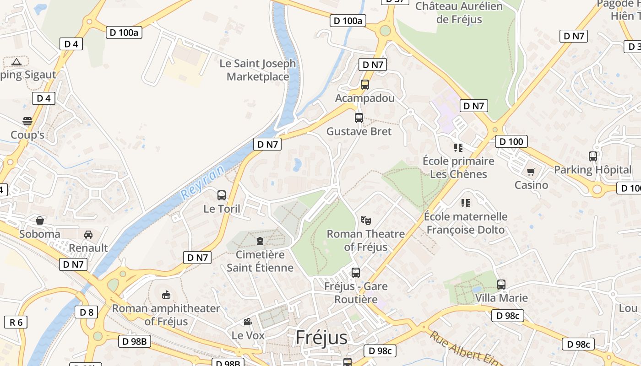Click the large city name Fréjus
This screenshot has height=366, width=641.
tap(321, 337)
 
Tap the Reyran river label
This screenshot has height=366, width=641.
tap(203, 183)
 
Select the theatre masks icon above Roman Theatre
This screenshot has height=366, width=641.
tap(365, 221)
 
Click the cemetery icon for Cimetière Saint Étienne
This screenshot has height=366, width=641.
tap(260, 241)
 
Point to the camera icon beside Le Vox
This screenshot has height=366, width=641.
tap(248, 322)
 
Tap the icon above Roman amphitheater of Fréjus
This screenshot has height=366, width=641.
tap(166, 295)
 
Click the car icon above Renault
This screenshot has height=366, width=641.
tap(88, 235)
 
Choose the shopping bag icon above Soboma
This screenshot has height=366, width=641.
tap(40, 221)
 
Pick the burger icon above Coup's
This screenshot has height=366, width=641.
tap(27, 121)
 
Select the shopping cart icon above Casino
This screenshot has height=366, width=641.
tap(531, 172)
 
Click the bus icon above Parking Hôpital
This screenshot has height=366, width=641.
tap(593, 156)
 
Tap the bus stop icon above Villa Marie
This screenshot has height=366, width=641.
tap(501, 284)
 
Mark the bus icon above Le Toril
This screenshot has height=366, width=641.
tap(222, 195)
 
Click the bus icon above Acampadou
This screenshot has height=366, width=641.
tap(365, 85)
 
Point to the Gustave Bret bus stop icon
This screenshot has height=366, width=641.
tap(359, 118)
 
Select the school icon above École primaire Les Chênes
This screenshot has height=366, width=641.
tap(458, 147)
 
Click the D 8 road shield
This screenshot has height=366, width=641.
tap(86, 312)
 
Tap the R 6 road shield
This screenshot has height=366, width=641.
tap(16, 322)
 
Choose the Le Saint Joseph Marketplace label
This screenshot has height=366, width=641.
tap(258, 70)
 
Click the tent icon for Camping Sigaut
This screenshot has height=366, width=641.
tap(16, 62)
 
